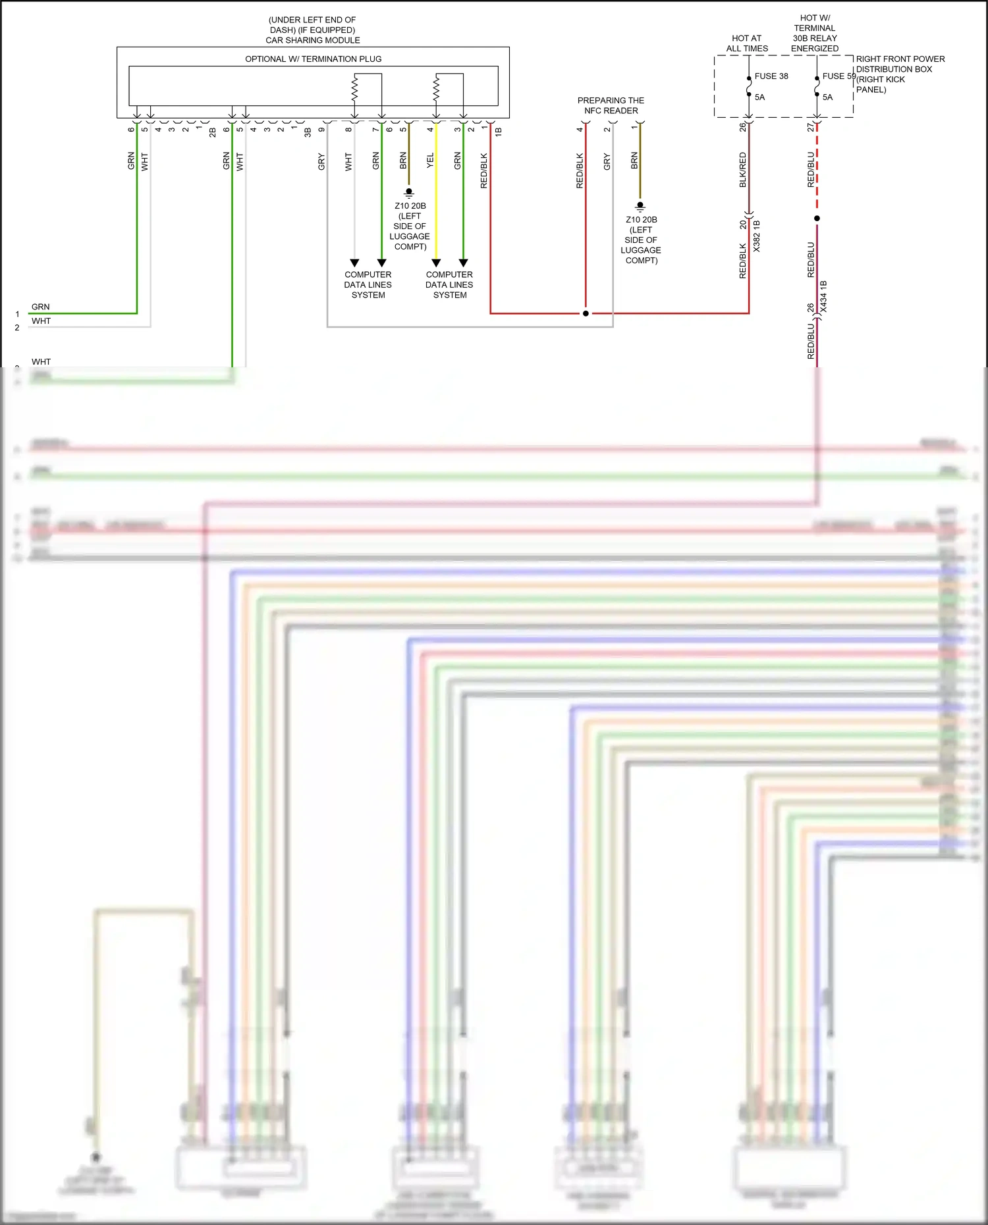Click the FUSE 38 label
click(x=771, y=76)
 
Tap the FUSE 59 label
click(x=838, y=76)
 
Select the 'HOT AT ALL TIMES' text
click(x=747, y=43)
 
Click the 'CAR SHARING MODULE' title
click(x=313, y=40)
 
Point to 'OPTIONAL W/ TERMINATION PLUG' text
click(x=313, y=59)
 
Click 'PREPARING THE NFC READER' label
click(x=611, y=106)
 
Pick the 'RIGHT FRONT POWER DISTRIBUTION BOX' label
click(x=900, y=65)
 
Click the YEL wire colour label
click(x=430, y=160)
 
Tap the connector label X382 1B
click(x=757, y=236)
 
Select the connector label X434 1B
click(x=824, y=296)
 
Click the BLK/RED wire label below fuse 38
click(x=743, y=170)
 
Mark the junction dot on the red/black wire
click(x=586, y=313)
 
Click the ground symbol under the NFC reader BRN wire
click(x=640, y=207)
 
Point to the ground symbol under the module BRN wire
click(x=409, y=193)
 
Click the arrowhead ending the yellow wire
click(x=436, y=263)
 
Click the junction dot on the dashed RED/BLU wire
click(x=817, y=218)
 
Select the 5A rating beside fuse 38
click(x=759, y=97)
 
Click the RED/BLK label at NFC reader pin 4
click(x=580, y=171)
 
